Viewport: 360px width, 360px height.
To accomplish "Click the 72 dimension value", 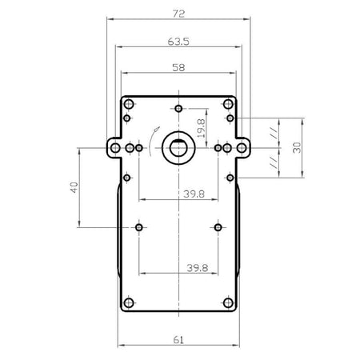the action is [x=178, y=14].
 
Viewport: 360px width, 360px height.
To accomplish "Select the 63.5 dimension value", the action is [x=178, y=42].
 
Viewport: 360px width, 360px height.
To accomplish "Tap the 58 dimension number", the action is [x=178, y=68].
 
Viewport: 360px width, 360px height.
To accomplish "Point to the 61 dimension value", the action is [x=178, y=340].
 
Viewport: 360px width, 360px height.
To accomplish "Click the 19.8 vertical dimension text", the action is [x=202, y=128].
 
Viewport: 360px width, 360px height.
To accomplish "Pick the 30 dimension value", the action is [x=297, y=148].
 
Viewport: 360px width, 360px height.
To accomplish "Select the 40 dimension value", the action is [x=74, y=187].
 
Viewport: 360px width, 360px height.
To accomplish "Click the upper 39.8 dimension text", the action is [x=194, y=194].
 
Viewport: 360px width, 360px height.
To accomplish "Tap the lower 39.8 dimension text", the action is [x=198, y=268].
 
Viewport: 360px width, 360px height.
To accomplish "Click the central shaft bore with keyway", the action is [x=178, y=148].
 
